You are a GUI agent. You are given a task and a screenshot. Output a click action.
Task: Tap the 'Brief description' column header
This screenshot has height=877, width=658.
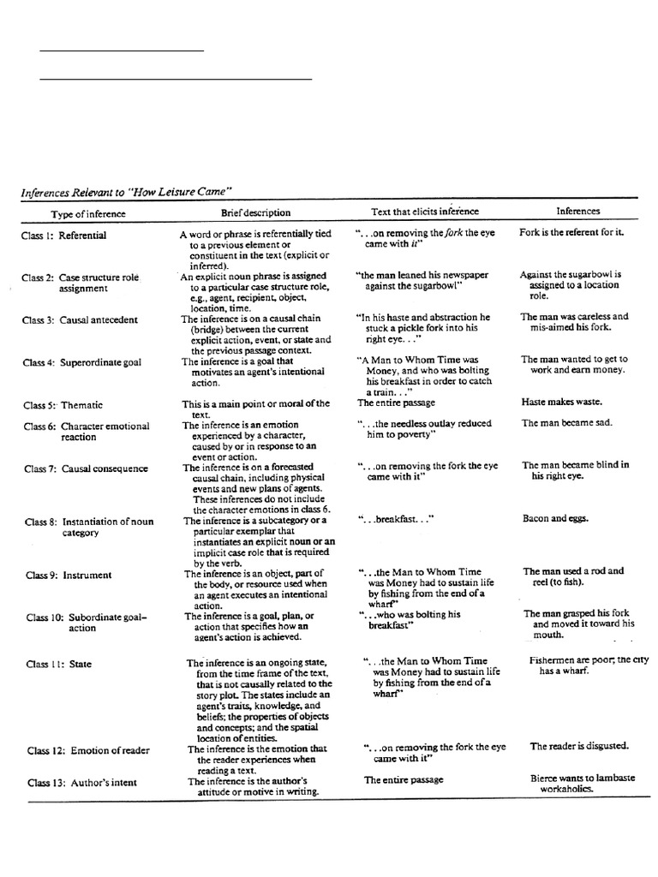pos(255,212)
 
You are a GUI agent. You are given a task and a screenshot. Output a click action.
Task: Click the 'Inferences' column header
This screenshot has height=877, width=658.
pos(578,211)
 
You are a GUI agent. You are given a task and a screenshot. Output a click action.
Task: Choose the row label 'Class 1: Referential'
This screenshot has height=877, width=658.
pos(65,236)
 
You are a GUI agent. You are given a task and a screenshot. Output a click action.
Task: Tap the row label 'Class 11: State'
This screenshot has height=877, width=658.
pos(59,664)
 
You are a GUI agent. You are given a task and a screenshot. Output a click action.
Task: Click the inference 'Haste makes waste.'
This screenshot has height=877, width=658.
pos(562,401)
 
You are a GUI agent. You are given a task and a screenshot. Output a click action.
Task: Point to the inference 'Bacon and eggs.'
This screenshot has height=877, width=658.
pos(555,518)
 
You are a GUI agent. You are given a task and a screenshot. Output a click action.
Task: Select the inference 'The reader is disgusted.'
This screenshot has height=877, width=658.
pos(579,746)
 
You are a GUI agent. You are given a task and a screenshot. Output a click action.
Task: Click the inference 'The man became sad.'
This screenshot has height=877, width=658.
pos(565,422)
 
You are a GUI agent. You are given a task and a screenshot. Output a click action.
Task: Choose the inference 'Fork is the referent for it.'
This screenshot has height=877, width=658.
pos(572,232)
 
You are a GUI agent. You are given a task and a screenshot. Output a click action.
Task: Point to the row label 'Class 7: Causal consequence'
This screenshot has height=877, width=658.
pos(86,468)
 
